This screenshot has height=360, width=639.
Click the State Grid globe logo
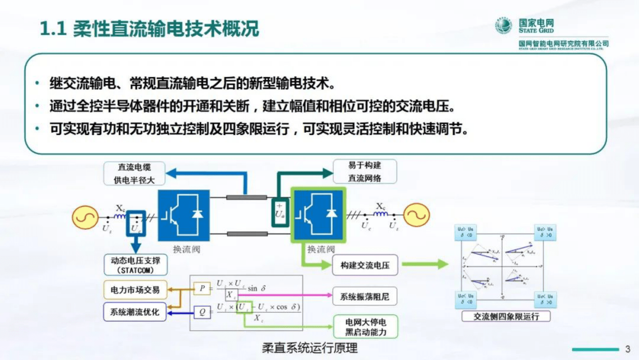tap(503, 26)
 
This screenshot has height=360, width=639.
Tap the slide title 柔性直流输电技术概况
tap(149, 29)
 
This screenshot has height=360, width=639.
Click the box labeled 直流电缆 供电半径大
tap(134, 174)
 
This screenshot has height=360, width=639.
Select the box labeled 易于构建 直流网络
tap(364, 172)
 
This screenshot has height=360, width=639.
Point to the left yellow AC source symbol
tap(85, 217)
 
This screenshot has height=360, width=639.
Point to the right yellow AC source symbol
tap(417, 215)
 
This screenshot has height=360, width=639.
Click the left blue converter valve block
tap(184, 215)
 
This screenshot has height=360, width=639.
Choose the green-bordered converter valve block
tap(318, 215)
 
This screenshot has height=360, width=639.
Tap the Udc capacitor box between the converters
tap(280, 212)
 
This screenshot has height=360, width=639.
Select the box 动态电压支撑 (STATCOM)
tap(135, 265)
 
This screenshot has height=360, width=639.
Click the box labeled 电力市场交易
tap(135, 290)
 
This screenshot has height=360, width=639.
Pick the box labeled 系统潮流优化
tap(135, 312)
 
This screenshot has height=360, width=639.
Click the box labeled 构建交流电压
tap(365, 265)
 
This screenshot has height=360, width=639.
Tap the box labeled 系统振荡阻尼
tap(364, 297)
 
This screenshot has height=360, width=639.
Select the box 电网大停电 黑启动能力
tap(366, 327)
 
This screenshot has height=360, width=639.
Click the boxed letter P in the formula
tap(202, 288)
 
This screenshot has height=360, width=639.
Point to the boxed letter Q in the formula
tap(202, 312)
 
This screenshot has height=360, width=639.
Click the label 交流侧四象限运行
tap(506, 317)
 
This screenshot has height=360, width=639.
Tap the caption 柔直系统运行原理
tap(310, 348)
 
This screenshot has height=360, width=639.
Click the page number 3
tap(627, 349)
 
